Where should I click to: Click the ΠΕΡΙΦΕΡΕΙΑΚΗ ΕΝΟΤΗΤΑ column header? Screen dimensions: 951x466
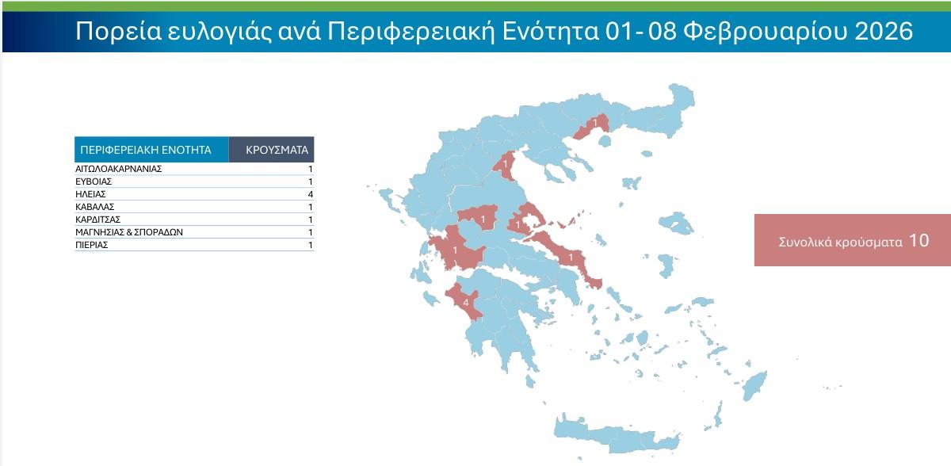pos(146,149)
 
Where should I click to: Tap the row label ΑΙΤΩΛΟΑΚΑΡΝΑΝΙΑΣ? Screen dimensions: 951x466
pos(119,169)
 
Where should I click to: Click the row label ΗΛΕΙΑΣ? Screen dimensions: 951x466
pos(90,194)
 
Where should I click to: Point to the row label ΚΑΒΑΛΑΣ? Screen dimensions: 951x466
pos(95,207)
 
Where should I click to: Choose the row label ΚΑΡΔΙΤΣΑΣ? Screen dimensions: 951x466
pos(97,220)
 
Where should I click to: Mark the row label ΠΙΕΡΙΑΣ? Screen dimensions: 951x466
pos(92,245)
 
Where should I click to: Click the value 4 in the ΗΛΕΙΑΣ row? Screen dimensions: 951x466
pos(311,194)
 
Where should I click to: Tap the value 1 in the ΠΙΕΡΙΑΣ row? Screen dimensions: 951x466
pos(311,245)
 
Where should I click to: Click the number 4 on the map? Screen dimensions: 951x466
pos(465,303)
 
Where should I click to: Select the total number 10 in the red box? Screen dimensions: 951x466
pos(919,241)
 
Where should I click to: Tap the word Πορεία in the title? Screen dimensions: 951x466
pos(112,32)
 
